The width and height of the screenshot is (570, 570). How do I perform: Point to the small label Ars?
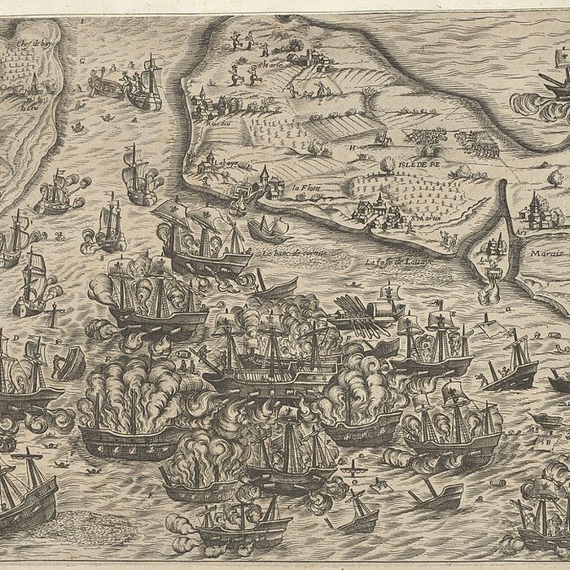tap(520, 232)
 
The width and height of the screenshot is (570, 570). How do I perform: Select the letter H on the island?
tap(353, 147)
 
